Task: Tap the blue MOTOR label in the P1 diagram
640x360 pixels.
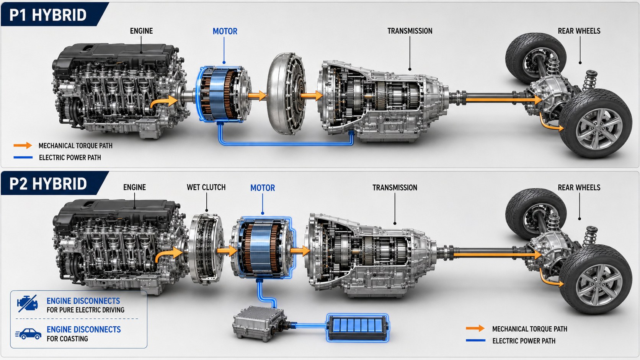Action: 225,31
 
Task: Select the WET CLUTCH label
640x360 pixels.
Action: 206,187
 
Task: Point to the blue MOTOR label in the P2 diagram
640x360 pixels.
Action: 263,188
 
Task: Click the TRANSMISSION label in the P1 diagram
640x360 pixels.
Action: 410,31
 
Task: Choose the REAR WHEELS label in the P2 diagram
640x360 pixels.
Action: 579,187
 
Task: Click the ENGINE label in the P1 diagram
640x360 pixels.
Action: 141,31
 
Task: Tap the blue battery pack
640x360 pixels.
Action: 358,328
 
